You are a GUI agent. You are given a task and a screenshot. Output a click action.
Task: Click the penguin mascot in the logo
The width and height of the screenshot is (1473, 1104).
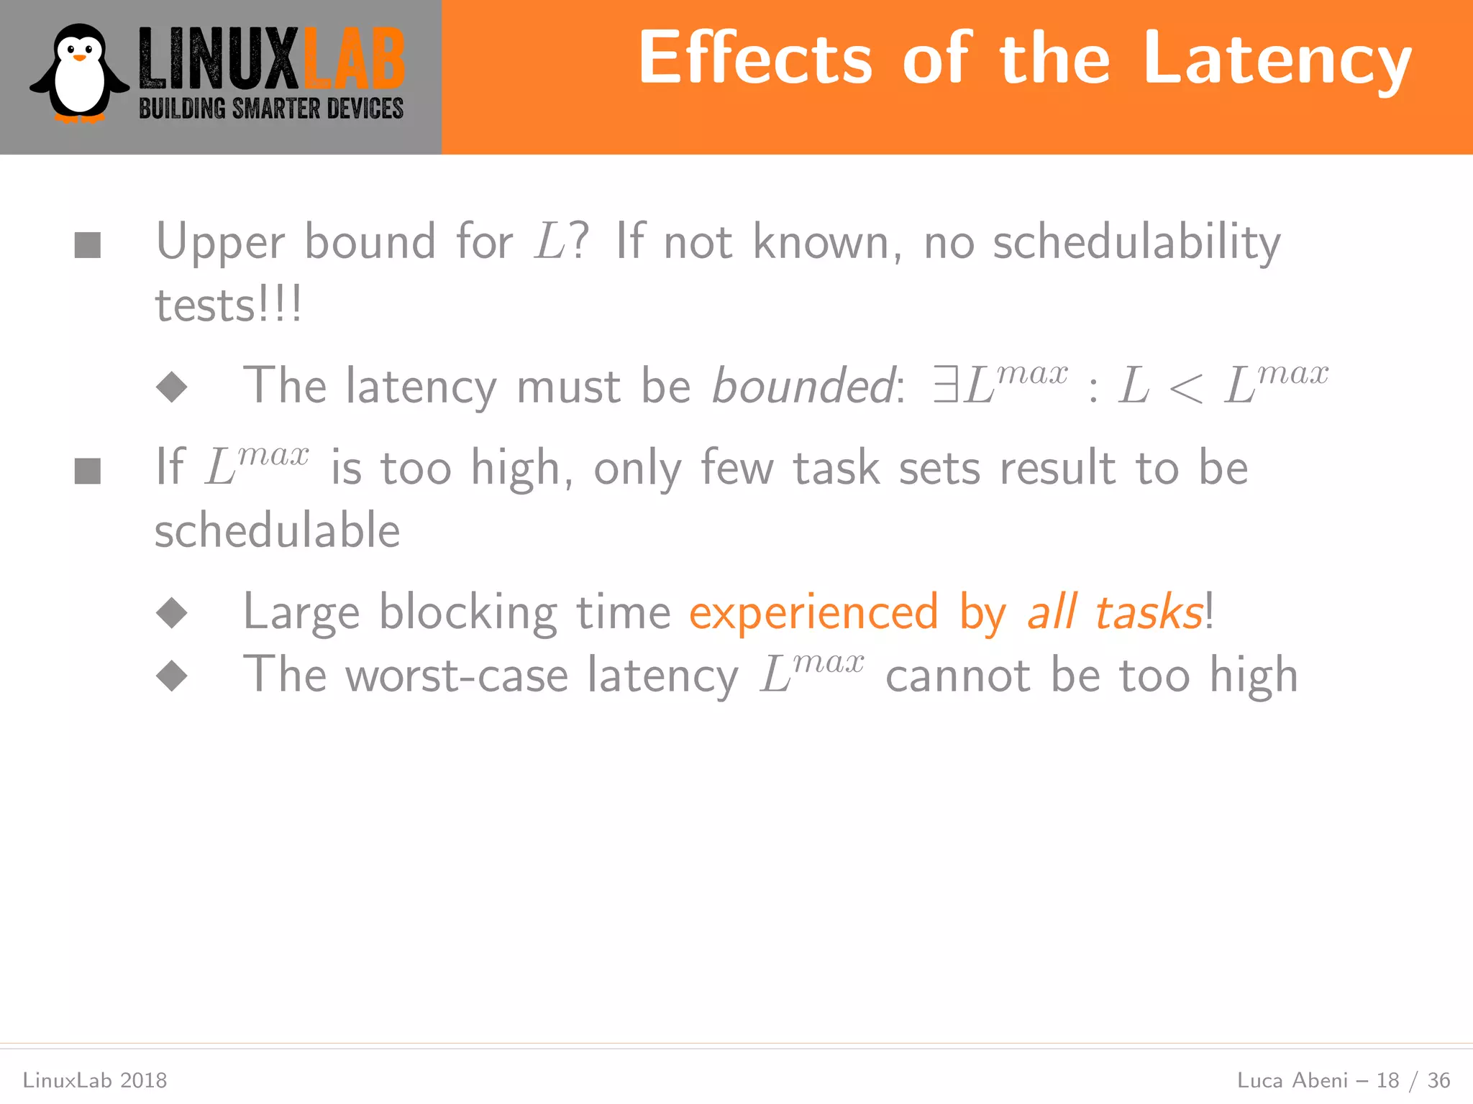[79, 73]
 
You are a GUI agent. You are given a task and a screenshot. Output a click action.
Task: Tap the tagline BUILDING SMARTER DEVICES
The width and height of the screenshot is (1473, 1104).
[271, 109]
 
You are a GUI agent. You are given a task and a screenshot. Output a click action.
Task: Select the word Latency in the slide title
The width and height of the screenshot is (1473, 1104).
[1277, 61]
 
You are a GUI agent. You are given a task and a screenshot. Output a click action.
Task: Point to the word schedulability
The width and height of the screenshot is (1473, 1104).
[1136, 243]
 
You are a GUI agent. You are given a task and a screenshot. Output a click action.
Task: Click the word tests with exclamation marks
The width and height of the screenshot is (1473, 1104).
[228, 305]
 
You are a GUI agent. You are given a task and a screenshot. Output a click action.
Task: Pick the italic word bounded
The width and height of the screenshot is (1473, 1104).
[803, 387]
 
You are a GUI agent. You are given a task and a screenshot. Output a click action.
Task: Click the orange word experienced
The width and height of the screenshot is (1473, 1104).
[813, 613]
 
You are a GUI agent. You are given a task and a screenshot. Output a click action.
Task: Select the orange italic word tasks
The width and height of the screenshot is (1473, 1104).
[1149, 613]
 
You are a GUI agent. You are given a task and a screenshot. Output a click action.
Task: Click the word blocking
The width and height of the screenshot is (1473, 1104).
[468, 613]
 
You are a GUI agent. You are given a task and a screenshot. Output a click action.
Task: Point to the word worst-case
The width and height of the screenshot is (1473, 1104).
[457, 676]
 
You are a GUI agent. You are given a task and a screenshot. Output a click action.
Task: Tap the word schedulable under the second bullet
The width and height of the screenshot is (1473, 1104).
[278, 530]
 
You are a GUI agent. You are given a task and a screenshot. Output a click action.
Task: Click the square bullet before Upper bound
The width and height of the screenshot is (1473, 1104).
[88, 245]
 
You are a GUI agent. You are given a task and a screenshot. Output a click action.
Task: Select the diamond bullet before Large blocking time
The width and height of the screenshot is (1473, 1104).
[172, 613]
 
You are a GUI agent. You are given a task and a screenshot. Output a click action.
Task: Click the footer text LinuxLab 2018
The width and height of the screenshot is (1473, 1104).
[95, 1080]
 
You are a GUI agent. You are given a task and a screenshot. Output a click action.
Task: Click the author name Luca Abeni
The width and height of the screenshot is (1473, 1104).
[1292, 1080]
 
